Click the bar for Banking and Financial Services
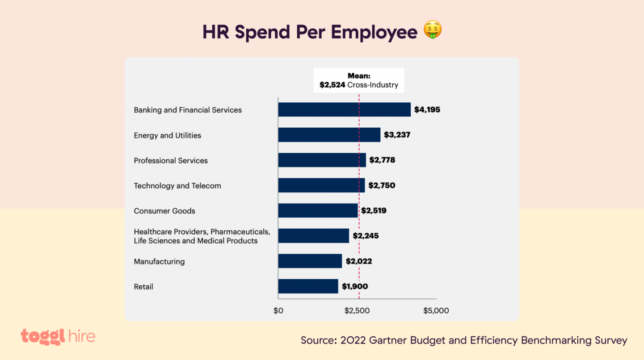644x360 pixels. pyautogui.click(x=344, y=110)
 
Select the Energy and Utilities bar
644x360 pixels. pyautogui.click(x=329, y=135)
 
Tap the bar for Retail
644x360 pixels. pyautogui.click(x=308, y=286)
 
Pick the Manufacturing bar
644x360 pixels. pyautogui.click(x=310, y=261)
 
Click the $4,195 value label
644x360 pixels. pyautogui.click(x=427, y=109)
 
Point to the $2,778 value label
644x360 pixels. pyautogui.click(x=382, y=160)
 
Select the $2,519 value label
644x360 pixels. pyautogui.click(x=374, y=210)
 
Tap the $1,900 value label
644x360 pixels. pyautogui.click(x=355, y=286)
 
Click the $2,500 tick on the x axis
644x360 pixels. pyautogui.click(x=357, y=310)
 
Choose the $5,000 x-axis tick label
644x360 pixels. pyautogui.click(x=436, y=310)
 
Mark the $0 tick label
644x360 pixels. pyautogui.click(x=278, y=310)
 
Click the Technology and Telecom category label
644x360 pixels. pyautogui.click(x=177, y=186)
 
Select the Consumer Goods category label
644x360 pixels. pyautogui.click(x=164, y=211)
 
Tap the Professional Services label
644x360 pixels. pyautogui.click(x=171, y=160)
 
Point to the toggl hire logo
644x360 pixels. pyautogui.click(x=58, y=337)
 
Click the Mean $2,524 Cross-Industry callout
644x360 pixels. pyautogui.click(x=359, y=80)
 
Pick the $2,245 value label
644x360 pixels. pyautogui.click(x=366, y=235)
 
